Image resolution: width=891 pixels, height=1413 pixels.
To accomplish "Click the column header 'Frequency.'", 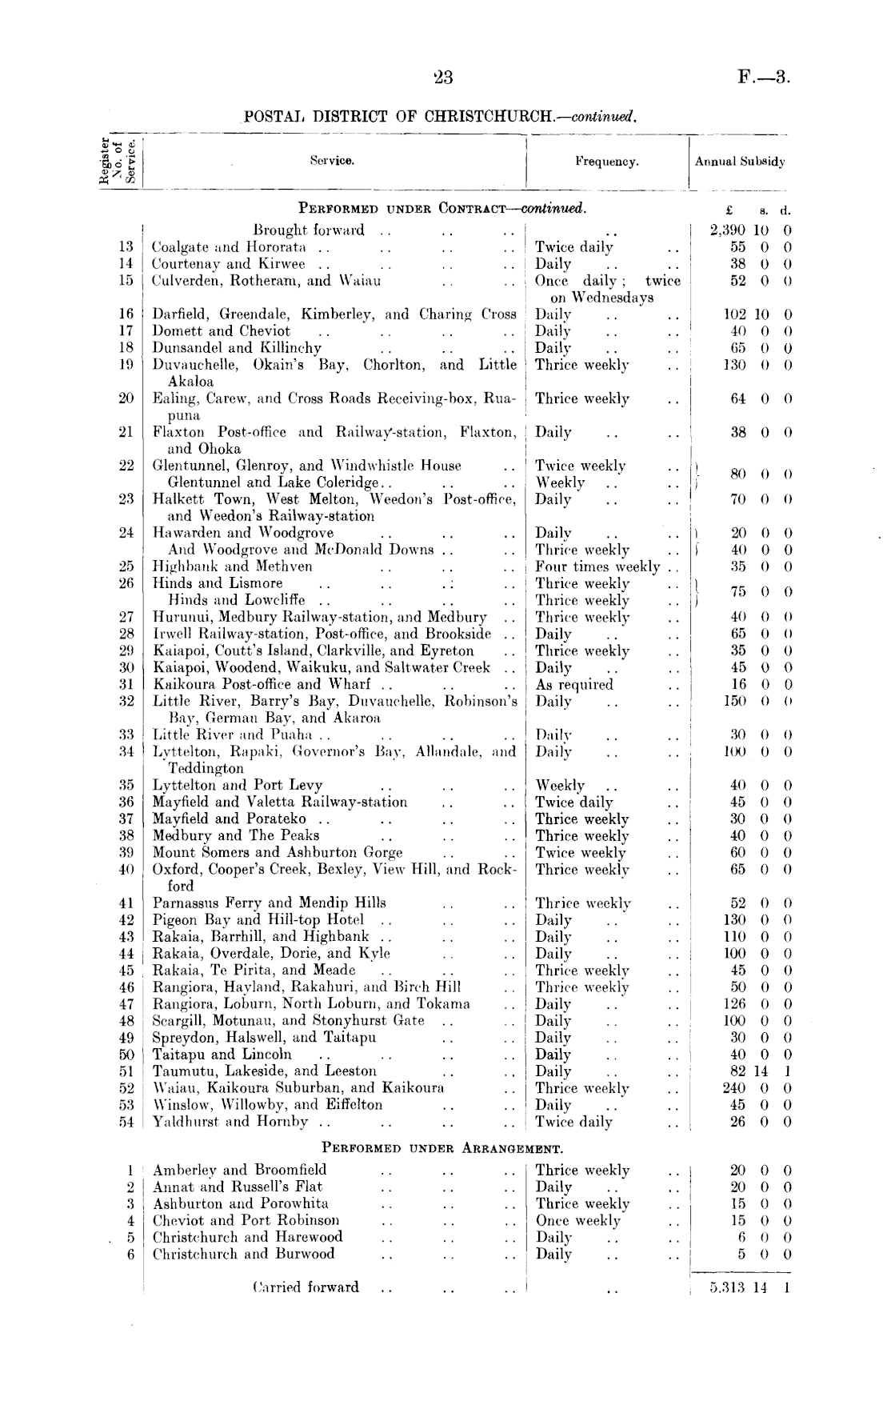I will click(606, 162).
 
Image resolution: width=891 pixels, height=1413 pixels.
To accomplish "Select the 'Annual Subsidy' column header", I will click(740, 162).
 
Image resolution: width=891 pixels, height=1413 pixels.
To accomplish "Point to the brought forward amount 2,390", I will click(728, 230).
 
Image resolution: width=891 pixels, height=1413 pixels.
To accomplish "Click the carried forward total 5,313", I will click(726, 1287).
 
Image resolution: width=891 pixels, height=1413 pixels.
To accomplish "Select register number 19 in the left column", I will click(126, 365).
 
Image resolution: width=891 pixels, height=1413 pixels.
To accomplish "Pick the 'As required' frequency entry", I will click(574, 684).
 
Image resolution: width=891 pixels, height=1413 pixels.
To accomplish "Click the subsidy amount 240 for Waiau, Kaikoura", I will click(733, 1088).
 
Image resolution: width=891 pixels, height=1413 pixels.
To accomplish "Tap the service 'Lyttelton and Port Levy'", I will click(238, 785).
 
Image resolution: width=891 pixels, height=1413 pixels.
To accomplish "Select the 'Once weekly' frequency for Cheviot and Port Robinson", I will click(577, 1220).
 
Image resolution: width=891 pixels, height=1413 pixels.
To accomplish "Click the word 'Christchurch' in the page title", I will click(489, 116).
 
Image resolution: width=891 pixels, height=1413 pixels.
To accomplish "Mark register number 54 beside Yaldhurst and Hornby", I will click(126, 1122).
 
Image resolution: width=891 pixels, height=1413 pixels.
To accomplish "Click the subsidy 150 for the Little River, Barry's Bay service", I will click(733, 701).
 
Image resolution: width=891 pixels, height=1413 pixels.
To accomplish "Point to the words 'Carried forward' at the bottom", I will click(305, 1287).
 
